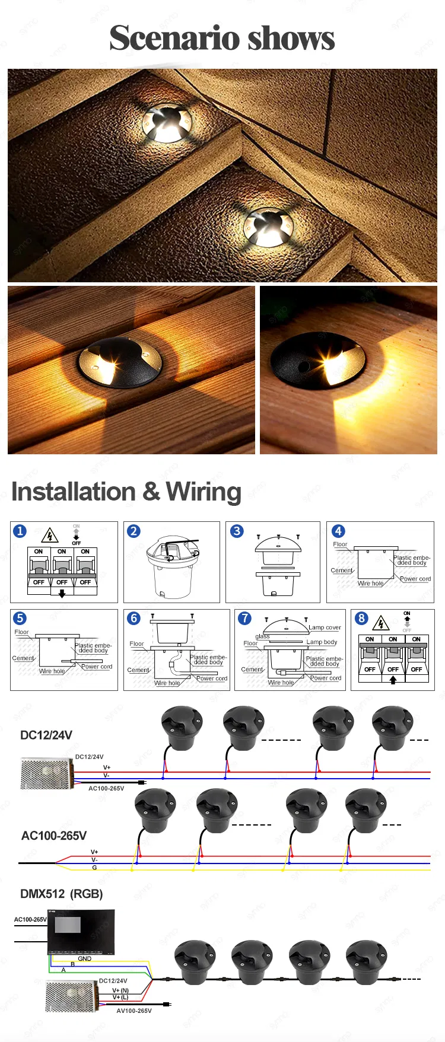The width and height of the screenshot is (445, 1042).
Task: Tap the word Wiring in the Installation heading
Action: [x=204, y=492]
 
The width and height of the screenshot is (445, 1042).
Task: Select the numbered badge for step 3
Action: [x=237, y=531]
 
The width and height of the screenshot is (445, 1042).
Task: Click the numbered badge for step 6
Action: [x=134, y=619]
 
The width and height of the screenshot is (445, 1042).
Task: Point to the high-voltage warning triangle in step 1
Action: [x=50, y=536]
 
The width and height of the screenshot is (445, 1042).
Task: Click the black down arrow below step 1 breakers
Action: [x=62, y=594]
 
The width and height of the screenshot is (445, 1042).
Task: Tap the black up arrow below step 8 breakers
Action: [x=393, y=680]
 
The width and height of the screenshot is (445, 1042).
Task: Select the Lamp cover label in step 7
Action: [x=325, y=627]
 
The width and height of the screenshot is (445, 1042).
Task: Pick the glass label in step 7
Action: [x=262, y=636]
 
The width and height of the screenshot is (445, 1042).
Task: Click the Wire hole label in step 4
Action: [x=370, y=584]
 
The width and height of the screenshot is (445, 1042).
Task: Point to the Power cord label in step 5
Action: [x=97, y=667]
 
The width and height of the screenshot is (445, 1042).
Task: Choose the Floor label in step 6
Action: [x=136, y=643]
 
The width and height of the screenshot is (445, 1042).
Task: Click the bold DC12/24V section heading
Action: [x=46, y=735]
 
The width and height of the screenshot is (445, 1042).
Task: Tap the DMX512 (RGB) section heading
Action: [x=62, y=894]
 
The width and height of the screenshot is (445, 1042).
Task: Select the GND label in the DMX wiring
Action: [x=85, y=958]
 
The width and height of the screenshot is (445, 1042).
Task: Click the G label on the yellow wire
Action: [x=94, y=868]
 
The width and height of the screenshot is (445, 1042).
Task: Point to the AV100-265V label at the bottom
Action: [x=134, y=1011]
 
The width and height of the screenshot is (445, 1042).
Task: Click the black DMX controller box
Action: [x=81, y=932]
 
